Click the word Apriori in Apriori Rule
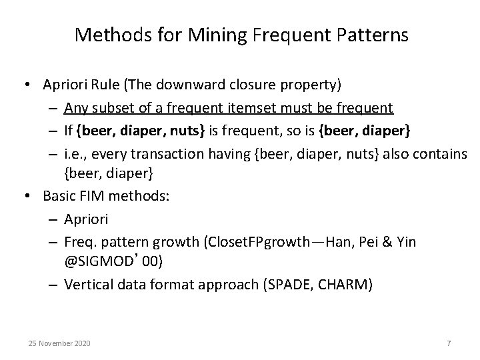click(65, 85)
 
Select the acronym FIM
click(89, 197)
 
